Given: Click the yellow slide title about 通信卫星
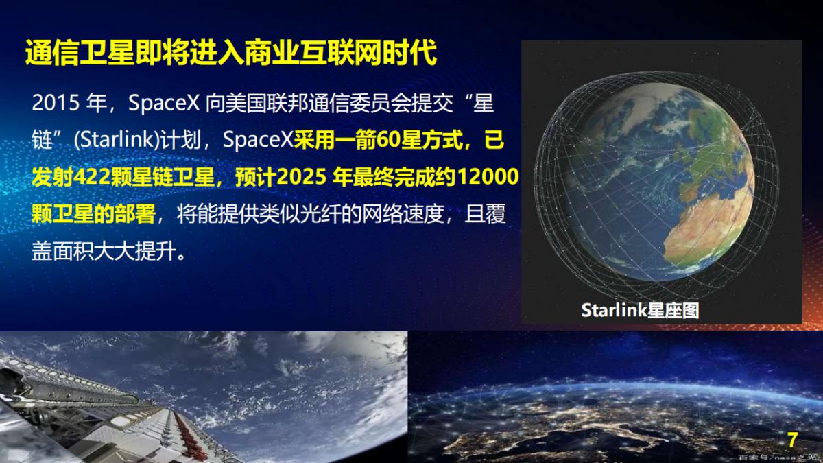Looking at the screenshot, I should pos(231,54).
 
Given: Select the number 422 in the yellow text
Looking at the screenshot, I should pos(96,177).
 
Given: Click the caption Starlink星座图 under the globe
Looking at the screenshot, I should pos(640,310).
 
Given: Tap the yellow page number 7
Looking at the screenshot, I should pos(793,440).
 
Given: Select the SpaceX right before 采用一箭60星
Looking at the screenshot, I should pos(258,141).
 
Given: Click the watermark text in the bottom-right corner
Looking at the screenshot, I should pos(778,456).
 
